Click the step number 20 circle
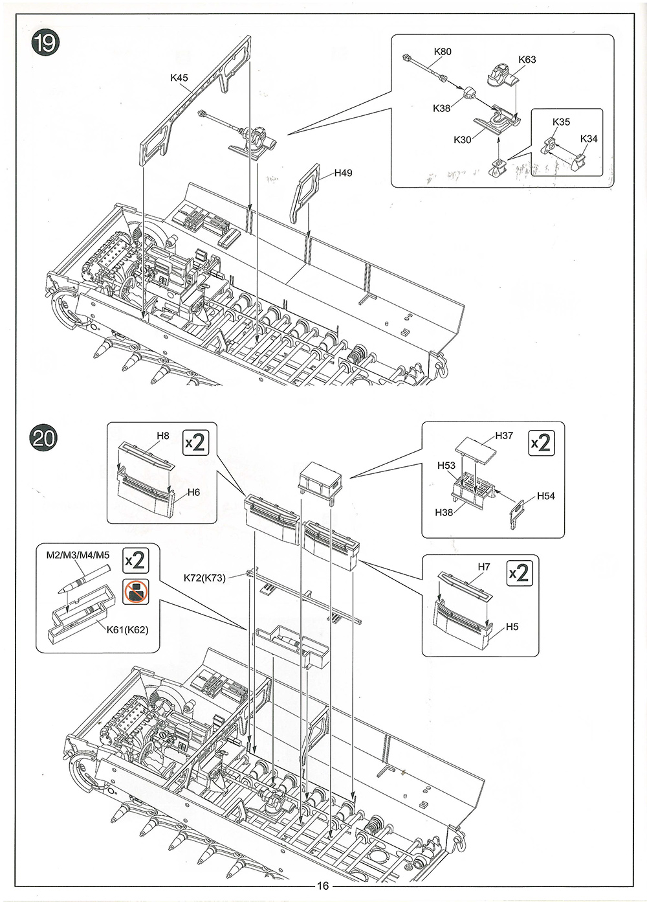[44, 438]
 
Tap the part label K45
[179, 78]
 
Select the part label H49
[343, 173]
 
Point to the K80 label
[443, 52]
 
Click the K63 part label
[527, 60]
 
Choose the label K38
[442, 108]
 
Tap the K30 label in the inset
[463, 140]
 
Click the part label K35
[562, 122]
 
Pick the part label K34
[589, 139]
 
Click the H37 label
[504, 435]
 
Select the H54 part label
[546, 496]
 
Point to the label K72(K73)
[204, 578]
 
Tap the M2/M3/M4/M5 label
[78, 556]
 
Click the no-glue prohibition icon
[136, 592]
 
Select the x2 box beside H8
[195, 442]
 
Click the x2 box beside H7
[520, 573]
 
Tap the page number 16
[323, 886]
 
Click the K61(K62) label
[128, 629]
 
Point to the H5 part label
[512, 627]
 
